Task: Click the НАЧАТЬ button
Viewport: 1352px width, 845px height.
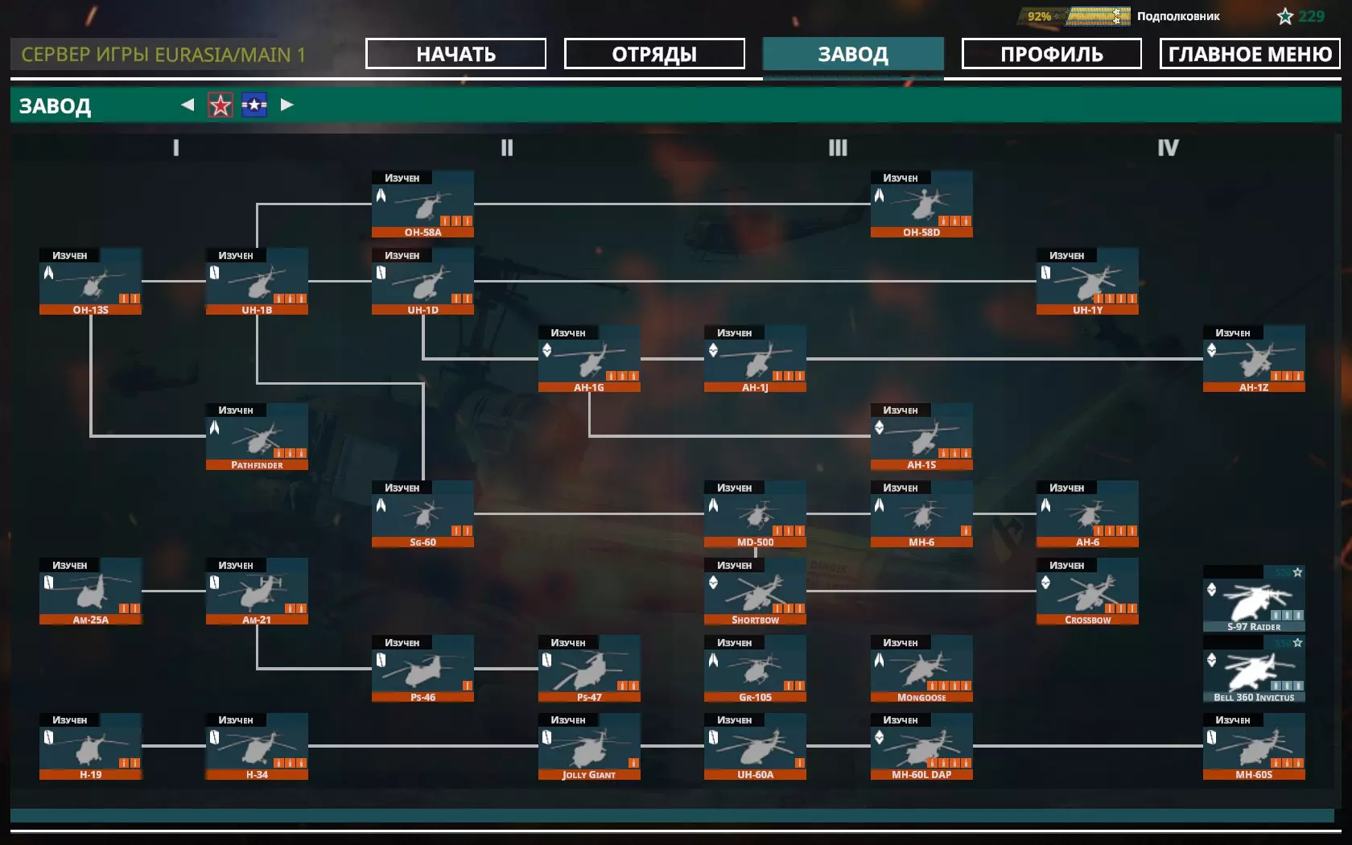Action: click(455, 54)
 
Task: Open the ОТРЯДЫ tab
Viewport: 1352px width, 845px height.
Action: click(654, 54)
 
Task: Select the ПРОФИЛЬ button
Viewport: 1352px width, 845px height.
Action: click(1051, 54)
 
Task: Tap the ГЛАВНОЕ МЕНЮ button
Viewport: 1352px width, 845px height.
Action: click(1250, 54)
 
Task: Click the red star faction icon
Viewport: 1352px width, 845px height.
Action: click(221, 105)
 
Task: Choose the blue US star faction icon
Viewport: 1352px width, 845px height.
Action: click(254, 105)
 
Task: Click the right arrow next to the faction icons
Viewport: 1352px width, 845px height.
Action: click(286, 105)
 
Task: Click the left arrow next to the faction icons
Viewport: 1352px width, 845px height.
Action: click(188, 105)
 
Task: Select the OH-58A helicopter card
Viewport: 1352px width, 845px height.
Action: click(422, 204)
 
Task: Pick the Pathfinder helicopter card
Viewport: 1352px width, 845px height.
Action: click(257, 437)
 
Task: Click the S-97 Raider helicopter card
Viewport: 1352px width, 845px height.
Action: click(1254, 600)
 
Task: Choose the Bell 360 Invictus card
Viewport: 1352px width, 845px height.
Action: click(1254, 670)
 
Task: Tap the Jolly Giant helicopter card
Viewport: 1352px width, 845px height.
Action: click(589, 747)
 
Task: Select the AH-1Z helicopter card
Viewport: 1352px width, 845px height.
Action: click(1254, 360)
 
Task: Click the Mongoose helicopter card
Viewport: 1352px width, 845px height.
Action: click(921, 670)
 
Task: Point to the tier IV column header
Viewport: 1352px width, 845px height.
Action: click(1168, 147)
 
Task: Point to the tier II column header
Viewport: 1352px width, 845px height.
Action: click(506, 147)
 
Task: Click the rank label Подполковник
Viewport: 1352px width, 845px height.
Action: click(1178, 16)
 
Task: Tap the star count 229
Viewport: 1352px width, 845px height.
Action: click(1311, 16)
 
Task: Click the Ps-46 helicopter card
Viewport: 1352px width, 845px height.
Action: click(422, 670)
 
